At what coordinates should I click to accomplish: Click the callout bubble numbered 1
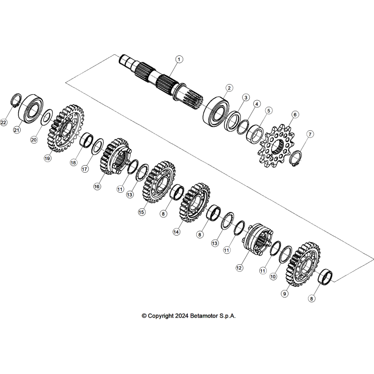[x=179, y=59]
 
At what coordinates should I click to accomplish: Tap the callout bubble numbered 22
[x=4, y=123]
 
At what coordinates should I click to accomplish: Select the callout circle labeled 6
[x=295, y=114]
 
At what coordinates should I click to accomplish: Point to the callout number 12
[x=239, y=268]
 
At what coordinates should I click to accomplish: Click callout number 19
[x=48, y=158]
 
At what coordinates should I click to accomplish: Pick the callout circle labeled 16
[x=97, y=186]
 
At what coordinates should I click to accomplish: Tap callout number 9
[x=284, y=293]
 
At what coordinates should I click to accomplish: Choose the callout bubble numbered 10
[x=273, y=276]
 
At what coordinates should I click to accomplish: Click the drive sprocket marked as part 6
[x=277, y=146]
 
